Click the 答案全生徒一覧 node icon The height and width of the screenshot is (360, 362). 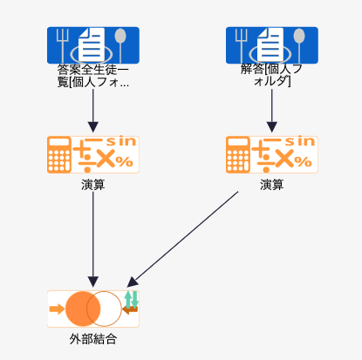[93, 45]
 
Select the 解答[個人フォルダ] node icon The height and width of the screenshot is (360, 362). [272, 45]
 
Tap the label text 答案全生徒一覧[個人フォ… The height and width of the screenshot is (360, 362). [93, 76]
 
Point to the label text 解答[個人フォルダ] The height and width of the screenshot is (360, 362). [272, 75]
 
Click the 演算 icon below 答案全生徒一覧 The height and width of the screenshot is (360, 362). [93, 154]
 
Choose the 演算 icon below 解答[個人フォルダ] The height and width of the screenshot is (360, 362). [272, 154]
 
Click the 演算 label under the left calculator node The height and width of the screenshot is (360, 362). [93, 185]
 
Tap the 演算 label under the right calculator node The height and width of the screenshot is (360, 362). [272, 185]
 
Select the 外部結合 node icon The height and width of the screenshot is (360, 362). [93, 309]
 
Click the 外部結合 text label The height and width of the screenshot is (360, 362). [93, 339]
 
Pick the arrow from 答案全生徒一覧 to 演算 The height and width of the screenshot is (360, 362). [93, 111]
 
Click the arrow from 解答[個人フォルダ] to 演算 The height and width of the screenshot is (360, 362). [272, 111]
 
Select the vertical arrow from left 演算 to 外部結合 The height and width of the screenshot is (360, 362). [93, 240]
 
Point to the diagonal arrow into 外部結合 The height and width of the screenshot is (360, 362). [182, 240]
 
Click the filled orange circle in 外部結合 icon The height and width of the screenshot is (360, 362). [83, 309]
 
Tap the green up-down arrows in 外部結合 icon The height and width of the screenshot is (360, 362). [131, 300]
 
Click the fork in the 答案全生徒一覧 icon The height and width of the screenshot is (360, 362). [63, 45]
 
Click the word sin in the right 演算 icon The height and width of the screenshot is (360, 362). [300, 141]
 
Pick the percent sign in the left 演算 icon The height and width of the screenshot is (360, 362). [124, 161]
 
